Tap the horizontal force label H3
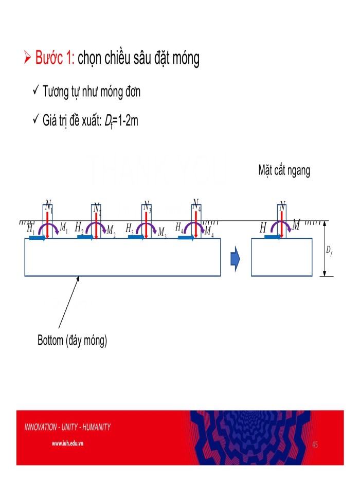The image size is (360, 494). pyautogui.click(x=130, y=227)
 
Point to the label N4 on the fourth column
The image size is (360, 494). pyautogui.click(x=196, y=205)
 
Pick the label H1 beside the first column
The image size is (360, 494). pyautogui.click(x=31, y=228)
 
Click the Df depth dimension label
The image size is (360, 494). pyautogui.click(x=329, y=251)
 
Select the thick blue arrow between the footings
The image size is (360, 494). pyautogui.click(x=235, y=259)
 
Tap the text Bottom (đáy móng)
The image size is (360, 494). pyautogui.click(x=72, y=341)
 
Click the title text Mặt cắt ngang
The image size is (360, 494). pyautogui.click(x=284, y=171)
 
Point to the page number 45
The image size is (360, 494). pyautogui.click(x=315, y=444)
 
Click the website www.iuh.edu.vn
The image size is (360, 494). pyautogui.click(x=68, y=443)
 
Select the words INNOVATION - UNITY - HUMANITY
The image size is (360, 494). pyautogui.click(x=67, y=427)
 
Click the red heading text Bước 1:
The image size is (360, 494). pyautogui.click(x=55, y=59)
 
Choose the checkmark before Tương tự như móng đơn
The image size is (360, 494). pyautogui.click(x=36, y=92)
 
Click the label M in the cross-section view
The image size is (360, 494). pyautogui.click(x=296, y=225)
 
